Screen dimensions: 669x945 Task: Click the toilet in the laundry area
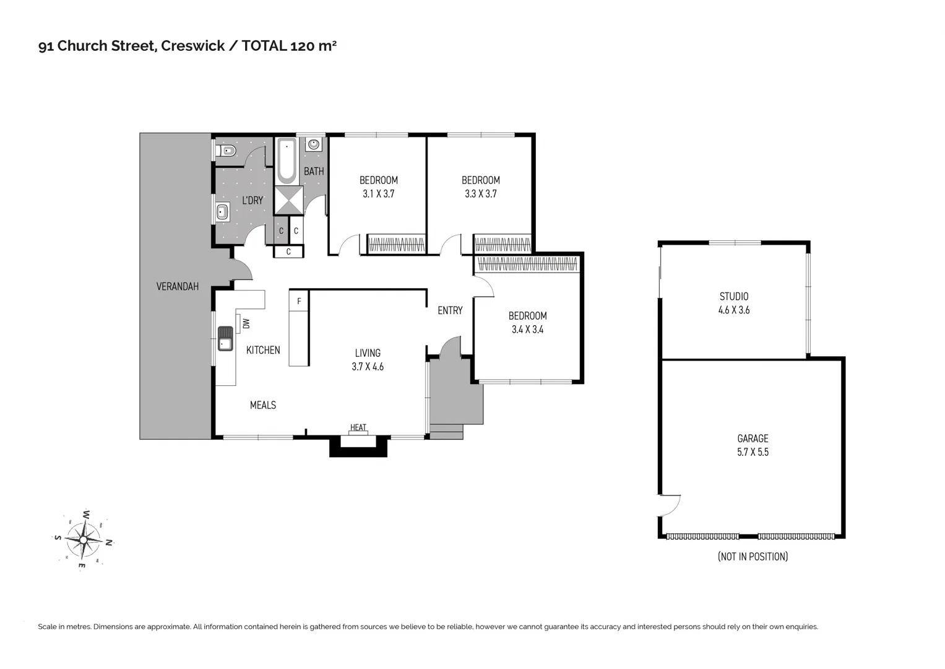tap(228, 151)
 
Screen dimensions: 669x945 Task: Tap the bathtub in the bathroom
tap(287, 161)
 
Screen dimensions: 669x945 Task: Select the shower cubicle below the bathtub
tap(288, 200)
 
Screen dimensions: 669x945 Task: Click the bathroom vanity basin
tap(314, 144)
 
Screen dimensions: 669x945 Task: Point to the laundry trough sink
tap(222, 213)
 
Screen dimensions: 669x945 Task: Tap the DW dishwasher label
tap(246, 323)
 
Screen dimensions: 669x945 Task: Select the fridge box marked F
tap(299, 301)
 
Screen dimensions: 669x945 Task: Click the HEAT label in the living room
tap(358, 427)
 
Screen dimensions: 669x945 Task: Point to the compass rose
tap(83, 540)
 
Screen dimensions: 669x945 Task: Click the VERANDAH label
tap(177, 286)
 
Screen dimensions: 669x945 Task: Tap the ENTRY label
tap(450, 310)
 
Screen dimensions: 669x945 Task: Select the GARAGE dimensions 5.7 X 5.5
tap(753, 452)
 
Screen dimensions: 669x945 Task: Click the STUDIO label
tap(733, 296)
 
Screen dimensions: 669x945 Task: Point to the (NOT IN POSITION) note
tap(753, 556)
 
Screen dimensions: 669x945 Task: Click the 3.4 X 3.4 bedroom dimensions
tap(527, 330)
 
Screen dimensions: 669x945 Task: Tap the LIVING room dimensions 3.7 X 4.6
tap(368, 367)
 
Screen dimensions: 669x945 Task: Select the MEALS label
tap(262, 405)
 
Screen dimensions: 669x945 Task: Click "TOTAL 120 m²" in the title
tap(289, 46)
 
